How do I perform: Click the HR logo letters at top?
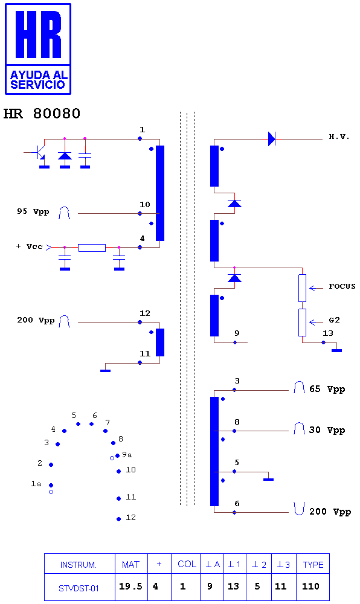click(x=38, y=34)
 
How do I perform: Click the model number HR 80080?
click(x=42, y=114)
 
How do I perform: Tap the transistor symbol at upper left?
click(x=39, y=153)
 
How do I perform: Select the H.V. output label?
click(x=339, y=137)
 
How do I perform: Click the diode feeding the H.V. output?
click(x=272, y=139)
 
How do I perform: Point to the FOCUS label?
click(x=342, y=286)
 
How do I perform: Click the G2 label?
click(x=334, y=320)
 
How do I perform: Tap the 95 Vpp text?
click(x=33, y=211)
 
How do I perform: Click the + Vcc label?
click(x=29, y=246)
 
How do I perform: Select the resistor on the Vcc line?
click(x=92, y=248)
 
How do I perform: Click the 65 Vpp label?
click(x=327, y=389)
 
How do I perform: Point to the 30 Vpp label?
click(x=327, y=430)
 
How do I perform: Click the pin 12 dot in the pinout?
click(x=118, y=519)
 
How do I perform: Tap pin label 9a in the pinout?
click(x=127, y=455)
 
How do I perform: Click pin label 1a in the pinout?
click(x=36, y=483)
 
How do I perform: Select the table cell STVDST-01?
click(x=79, y=588)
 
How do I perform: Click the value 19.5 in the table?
click(x=130, y=586)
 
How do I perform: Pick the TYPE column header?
click(x=313, y=565)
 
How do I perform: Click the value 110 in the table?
click(x=310, y=586)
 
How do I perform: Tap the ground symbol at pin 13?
click(x=336, y=350)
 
